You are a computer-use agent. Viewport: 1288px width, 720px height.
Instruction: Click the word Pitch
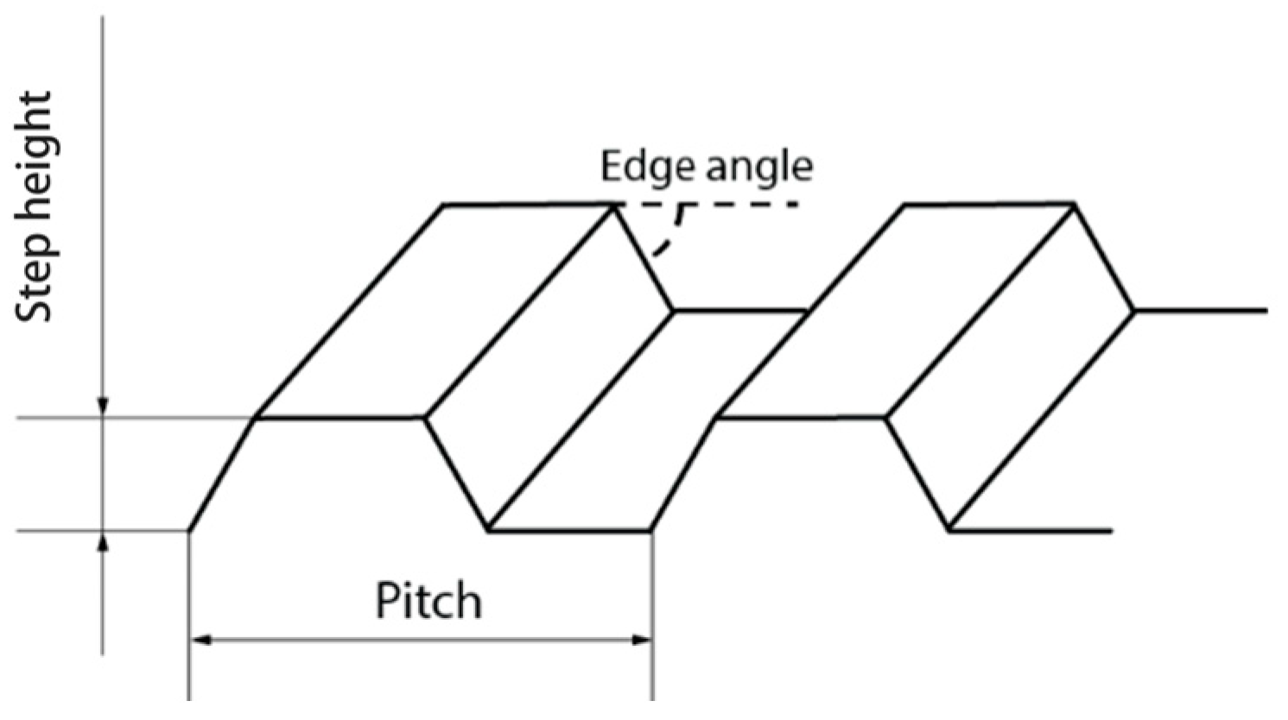[428, 600]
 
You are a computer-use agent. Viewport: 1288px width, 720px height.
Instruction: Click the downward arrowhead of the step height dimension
[103, 406]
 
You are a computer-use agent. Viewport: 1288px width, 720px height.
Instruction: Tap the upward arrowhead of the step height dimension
[103, 543]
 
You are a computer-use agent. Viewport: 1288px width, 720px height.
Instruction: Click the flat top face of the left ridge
[435, 311]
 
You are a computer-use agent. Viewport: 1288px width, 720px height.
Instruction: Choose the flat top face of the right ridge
[896, 311]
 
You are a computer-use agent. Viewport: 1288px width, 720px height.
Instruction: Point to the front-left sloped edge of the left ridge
[222, 475]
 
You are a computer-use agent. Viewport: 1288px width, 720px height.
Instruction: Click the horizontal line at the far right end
[1201, 310]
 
